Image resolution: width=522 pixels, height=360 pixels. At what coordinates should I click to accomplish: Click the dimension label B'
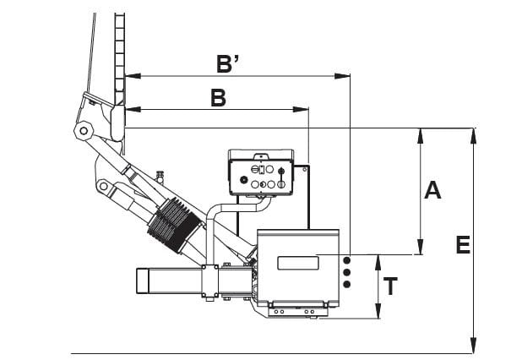point(228,63)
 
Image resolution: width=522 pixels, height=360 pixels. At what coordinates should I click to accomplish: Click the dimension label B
point(219,97)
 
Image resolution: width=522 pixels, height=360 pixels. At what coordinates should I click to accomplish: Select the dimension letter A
point(432,190)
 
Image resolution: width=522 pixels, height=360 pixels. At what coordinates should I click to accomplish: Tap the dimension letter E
point(463,245)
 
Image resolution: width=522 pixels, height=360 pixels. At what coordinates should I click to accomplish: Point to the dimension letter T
point(390,286)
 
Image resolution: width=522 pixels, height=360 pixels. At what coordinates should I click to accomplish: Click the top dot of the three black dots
point(347,259)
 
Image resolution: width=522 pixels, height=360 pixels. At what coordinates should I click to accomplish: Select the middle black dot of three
point(347,272)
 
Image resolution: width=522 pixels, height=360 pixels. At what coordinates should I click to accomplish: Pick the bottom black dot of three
point(347,285)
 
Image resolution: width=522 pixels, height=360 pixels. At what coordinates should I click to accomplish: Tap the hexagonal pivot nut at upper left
point(84,131)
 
